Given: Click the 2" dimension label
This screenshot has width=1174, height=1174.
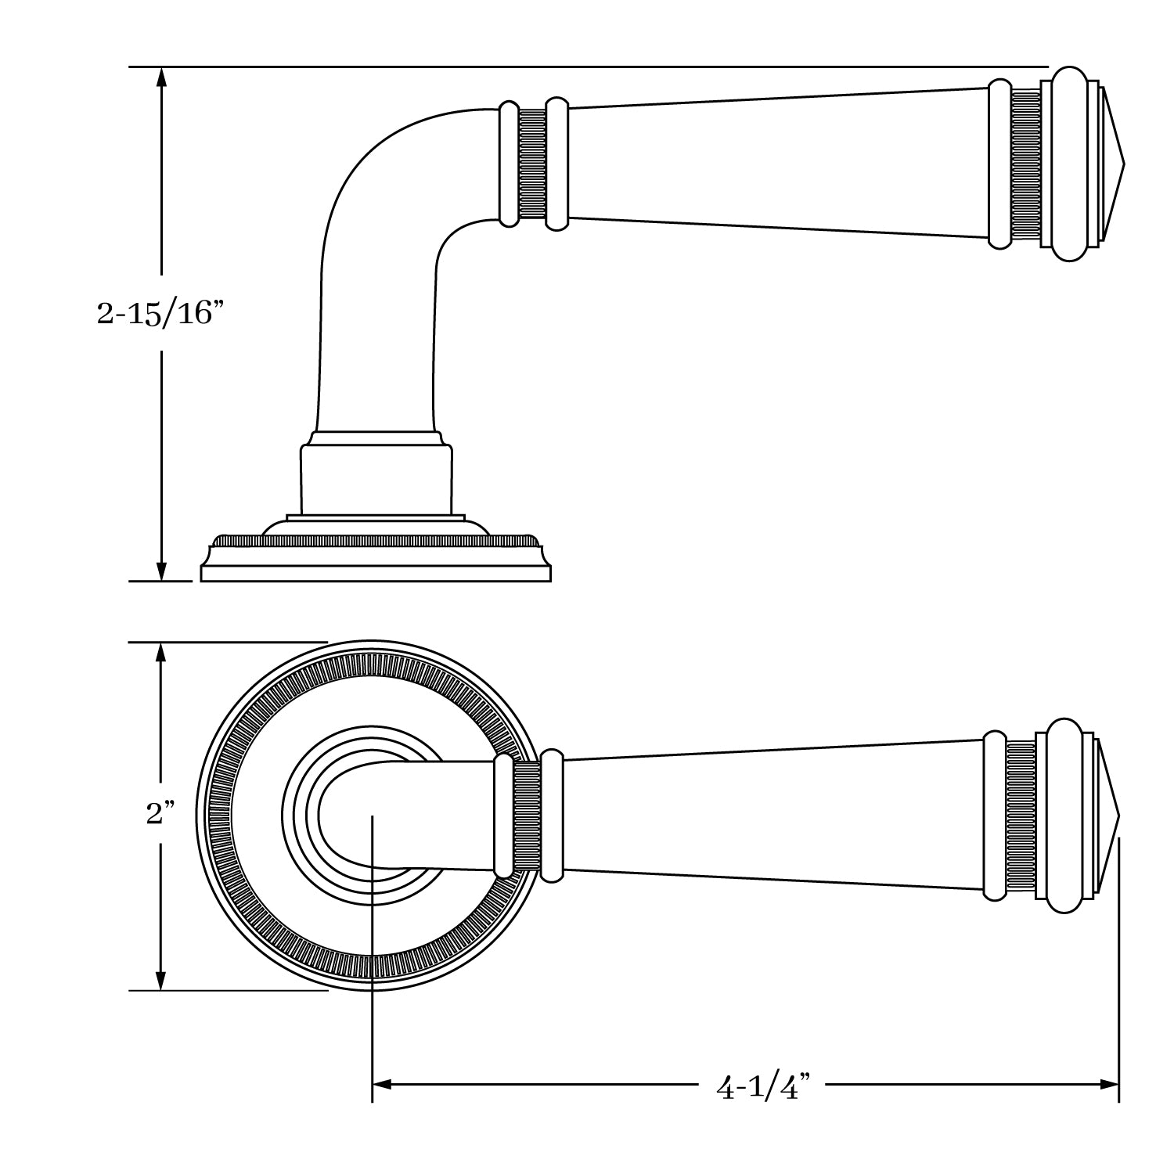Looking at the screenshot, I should (x=160, y=814).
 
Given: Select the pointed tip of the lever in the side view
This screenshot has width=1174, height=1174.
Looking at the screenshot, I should (x=1122, y=164).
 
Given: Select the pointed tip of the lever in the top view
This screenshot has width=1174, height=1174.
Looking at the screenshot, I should (x=1118, y=816).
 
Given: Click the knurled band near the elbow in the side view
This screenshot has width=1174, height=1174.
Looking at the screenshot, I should (x=532, y=164).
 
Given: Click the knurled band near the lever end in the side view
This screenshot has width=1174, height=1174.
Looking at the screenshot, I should (x=1025, y=164).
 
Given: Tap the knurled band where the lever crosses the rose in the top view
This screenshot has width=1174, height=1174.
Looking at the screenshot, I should (x=526, y=816).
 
